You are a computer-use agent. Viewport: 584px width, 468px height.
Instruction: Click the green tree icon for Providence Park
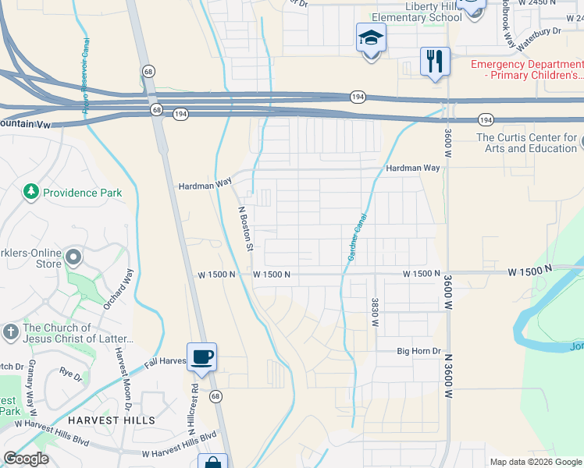point(31,192)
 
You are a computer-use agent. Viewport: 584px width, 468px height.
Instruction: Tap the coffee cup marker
point(202,357)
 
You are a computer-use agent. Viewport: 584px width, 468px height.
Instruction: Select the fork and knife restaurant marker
point(435,61)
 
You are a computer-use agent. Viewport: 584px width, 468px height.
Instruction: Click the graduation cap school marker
point(371,37)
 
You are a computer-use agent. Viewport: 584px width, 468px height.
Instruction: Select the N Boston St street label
point(245,229)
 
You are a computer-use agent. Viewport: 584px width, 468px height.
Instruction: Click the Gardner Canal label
point(352,238)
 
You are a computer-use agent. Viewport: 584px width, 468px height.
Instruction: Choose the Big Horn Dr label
point(418,352)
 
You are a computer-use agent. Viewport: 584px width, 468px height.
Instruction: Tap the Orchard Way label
point(128,285)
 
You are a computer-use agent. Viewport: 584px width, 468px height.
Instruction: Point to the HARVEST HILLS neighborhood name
point(110,420)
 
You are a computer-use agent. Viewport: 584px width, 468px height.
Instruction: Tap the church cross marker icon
point(11,332)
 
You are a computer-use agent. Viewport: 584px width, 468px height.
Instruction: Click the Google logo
point(26,459)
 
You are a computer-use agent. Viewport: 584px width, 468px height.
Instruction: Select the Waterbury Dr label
point(541,30)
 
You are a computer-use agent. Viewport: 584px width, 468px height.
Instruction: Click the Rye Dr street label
point(71,375)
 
